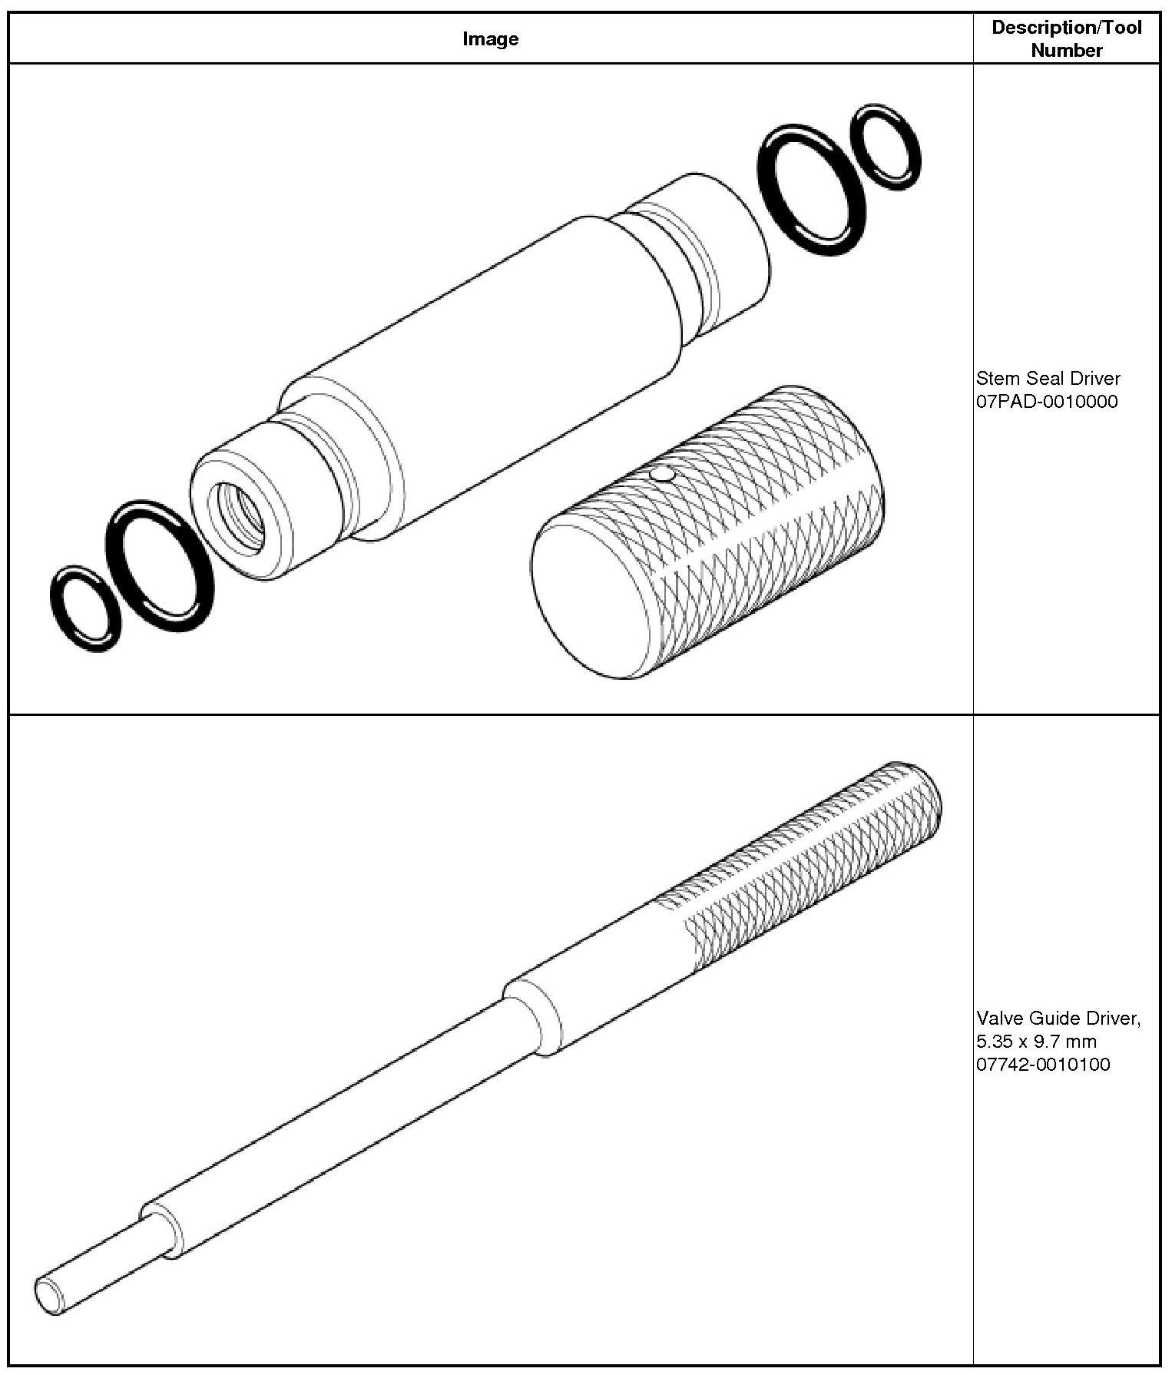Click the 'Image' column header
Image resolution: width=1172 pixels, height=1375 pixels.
click(490, 39)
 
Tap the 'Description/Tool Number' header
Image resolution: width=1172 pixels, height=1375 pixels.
click(1066, 38)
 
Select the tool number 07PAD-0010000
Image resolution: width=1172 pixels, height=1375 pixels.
click(1047, 401)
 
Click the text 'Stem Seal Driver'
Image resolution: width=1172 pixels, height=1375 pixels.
click(1048, 378)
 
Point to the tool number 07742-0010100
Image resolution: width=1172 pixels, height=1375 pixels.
click(1043, 1064)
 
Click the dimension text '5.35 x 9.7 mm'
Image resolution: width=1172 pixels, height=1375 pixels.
click(1036, 1041)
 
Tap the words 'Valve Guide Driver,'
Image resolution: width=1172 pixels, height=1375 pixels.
click(1058, 1019)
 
